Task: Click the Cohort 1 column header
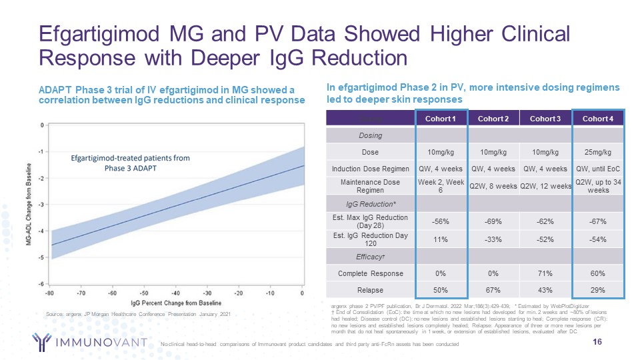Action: (441, 119)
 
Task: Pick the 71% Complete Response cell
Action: (545, 273)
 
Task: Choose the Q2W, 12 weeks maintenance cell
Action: (545, 186)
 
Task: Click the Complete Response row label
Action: (371, 273)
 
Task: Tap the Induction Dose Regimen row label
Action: (371, 168)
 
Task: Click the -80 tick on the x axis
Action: (50, 293)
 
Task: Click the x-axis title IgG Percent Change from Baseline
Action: (177, 304)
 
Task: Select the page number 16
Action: (617, 342)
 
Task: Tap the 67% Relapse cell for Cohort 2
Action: (494, 290)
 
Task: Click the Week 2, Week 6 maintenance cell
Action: (441, 186)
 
